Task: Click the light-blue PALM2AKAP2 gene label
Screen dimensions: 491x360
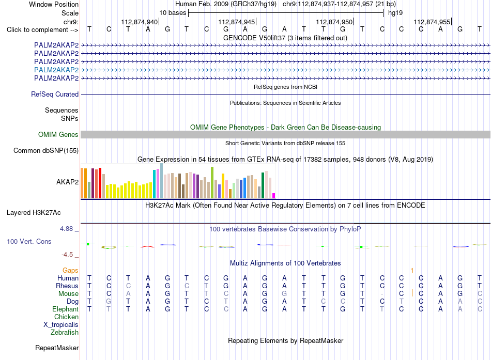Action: [x=56, y=70]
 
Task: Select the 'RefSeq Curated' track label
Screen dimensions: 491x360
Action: [x=55, y=94]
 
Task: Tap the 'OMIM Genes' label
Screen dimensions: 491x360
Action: [x=58, y=135]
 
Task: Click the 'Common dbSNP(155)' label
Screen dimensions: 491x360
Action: [x=46, y=151]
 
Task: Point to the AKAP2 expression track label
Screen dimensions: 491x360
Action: [x=67, y=182]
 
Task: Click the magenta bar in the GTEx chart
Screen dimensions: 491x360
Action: [x=274, y=196]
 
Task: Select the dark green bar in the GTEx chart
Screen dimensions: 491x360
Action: [x=263, y=185]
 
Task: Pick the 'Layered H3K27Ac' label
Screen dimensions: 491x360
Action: [x=34, y=213]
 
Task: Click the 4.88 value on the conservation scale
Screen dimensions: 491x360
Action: [x=66, y=229]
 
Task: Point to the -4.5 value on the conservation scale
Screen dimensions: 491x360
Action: [x=67, y=255]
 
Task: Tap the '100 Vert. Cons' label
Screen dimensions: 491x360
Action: [x=29, y=241]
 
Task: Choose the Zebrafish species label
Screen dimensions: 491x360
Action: [x=65, y=332]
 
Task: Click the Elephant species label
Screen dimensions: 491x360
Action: [x=66, y=309]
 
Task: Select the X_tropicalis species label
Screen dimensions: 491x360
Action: [x=61, y=325]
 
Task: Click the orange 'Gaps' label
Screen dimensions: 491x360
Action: [x=70, y=270]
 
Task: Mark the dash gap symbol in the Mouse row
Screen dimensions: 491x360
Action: [x=382, y=294]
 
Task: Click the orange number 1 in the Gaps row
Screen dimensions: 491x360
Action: [x=412, y=270]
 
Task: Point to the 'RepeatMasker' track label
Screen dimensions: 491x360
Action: [x=57, y=348]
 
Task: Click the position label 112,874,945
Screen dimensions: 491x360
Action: [x=237, y=22]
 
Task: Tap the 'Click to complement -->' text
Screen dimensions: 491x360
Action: [x=42, y=30]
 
